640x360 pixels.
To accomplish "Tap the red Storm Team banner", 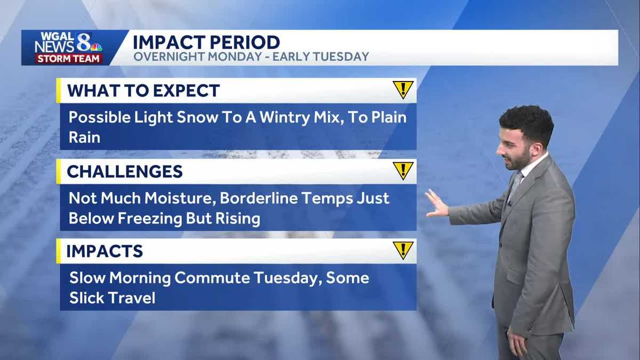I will click(x=68, y=59).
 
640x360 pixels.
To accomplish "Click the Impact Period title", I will click(x=206, y=42).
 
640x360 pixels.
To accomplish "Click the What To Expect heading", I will click(x=143, y=90).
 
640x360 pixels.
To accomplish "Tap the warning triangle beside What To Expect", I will click(x=403, y=90).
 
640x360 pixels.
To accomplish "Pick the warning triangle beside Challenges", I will click(x=403, y=171).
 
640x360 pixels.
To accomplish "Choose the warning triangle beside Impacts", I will click(x=403, y=250).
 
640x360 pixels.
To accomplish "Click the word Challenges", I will click(x=125, y=172).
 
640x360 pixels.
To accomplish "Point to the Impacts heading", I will click(x=105, y=251).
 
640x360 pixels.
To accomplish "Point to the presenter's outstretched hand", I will click(x=437, y=204).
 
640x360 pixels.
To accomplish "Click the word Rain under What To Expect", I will click(x=84, y=138).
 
